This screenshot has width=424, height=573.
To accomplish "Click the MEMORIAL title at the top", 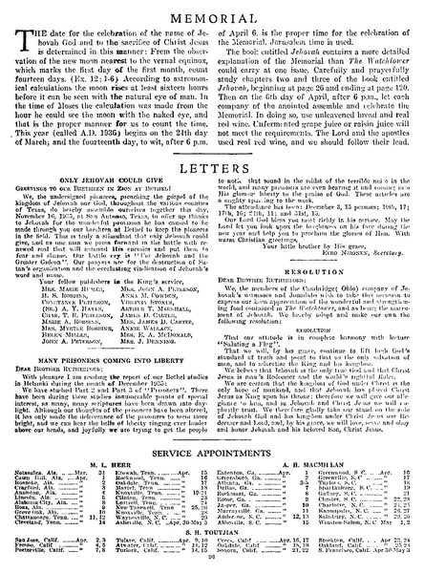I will coord(211,16).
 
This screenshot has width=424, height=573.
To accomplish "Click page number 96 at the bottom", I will coord(212,565).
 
